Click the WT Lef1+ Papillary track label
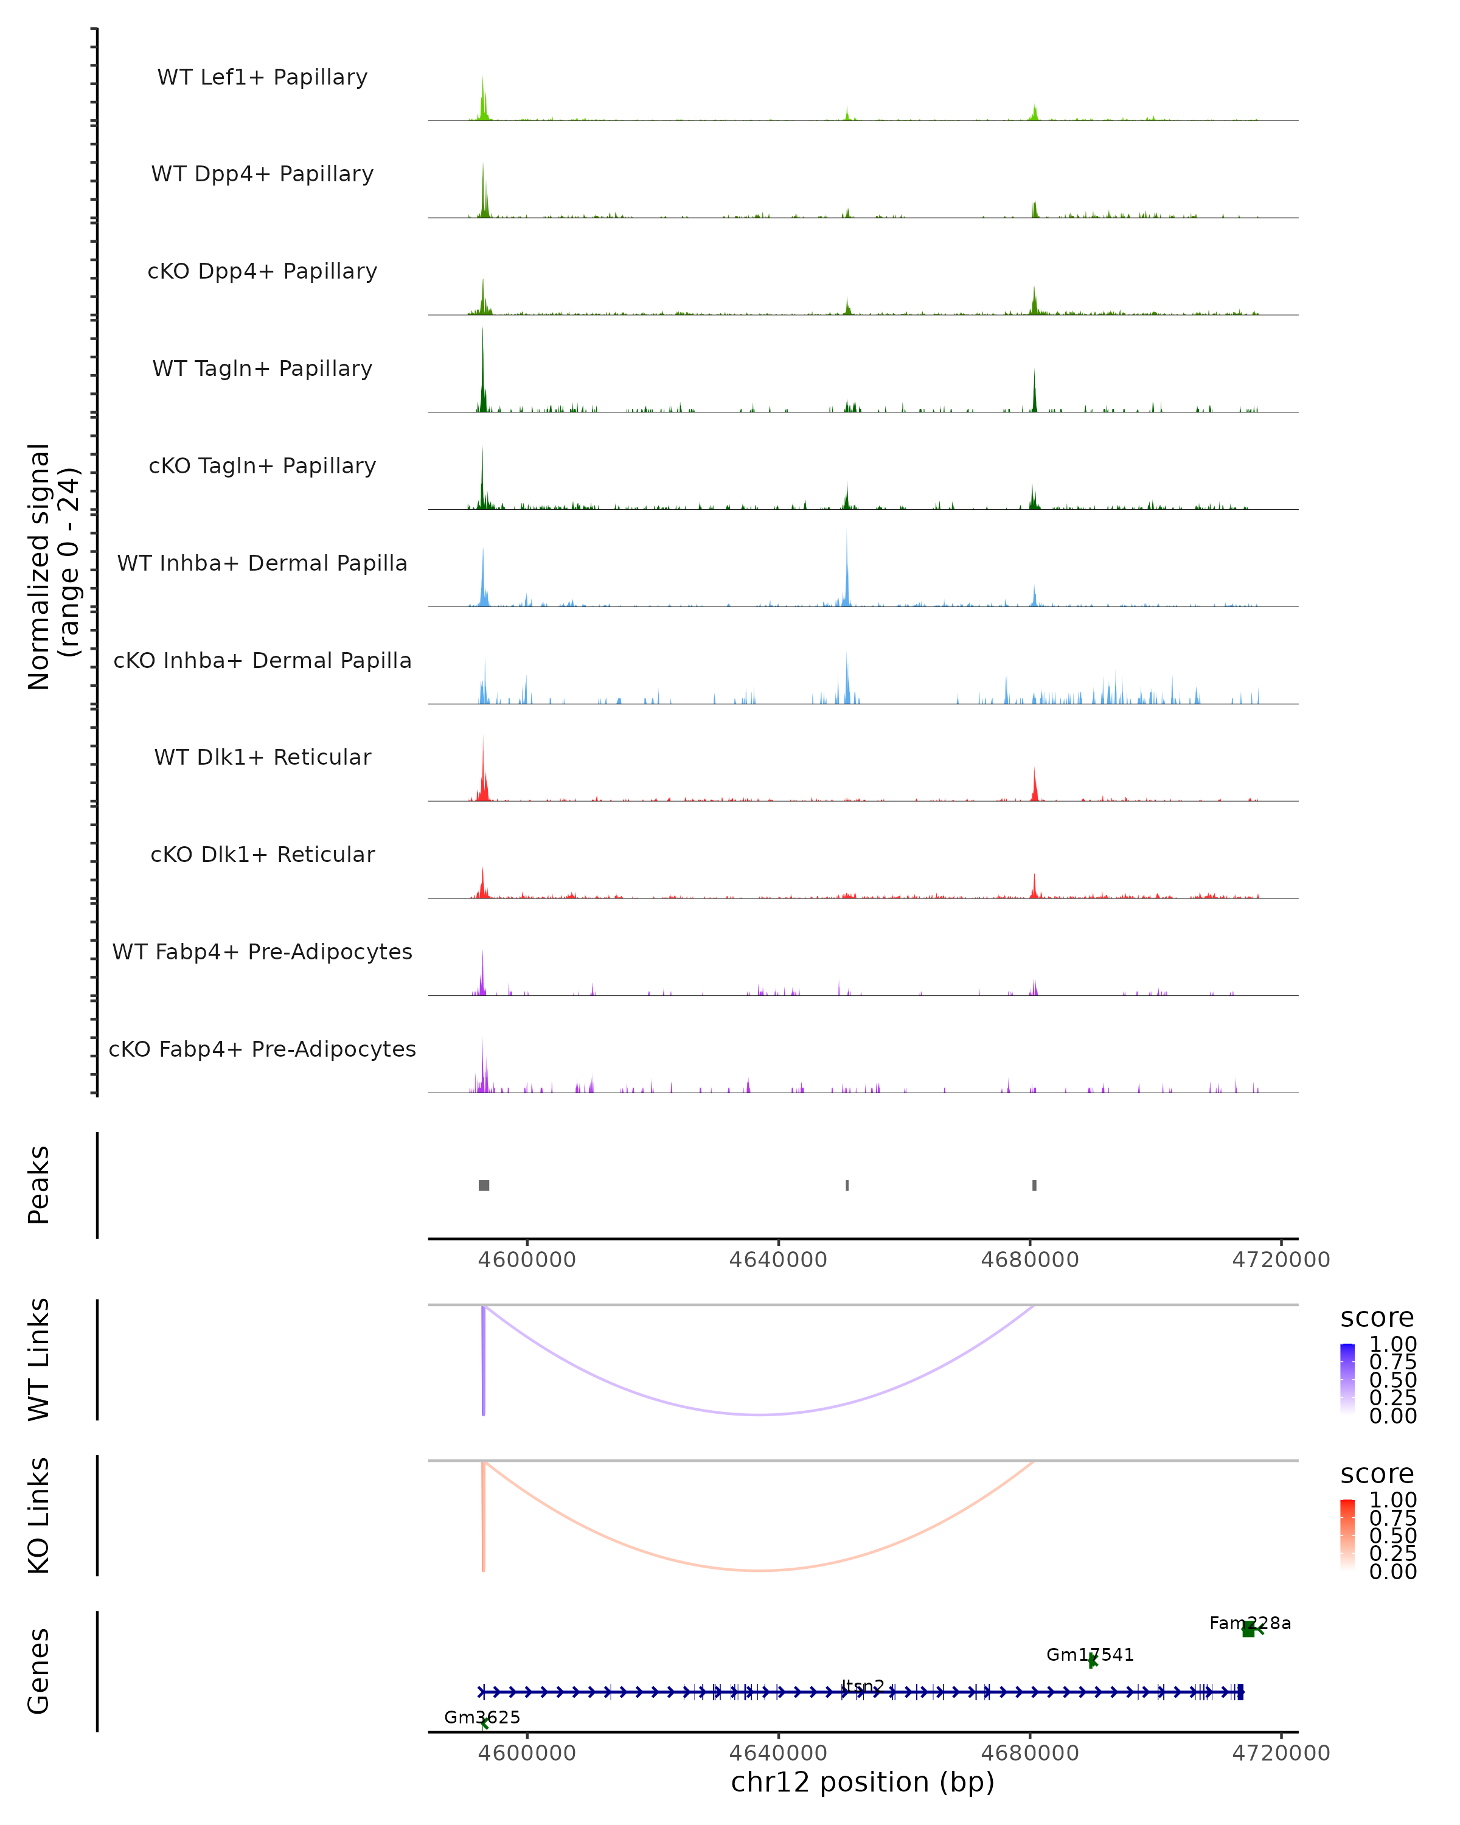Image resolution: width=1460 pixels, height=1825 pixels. coord(262,77)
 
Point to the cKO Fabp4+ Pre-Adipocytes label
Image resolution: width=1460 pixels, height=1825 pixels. coord(262,1049)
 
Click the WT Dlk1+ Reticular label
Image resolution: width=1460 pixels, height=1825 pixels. coord(262,757)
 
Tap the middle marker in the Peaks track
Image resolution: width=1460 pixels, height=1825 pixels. coord(847,1185)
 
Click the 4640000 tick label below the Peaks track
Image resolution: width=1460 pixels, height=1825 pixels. coord(778,1260)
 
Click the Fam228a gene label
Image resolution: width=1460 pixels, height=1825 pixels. coord(1250,1624)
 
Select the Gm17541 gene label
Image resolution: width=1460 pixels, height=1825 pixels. coord(1090,1655)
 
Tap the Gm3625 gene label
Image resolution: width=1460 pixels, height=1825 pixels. coord(482,1717)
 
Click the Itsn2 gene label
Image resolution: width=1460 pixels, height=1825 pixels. coord(863,1686)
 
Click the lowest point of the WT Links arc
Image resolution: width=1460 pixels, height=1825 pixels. coord(760,1414)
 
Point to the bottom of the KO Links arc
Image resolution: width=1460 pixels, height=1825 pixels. coord(760,1570)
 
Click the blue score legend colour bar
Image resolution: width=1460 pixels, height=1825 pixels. coord(1347,1378)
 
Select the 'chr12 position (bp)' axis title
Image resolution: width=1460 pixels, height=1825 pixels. coord(863,1782)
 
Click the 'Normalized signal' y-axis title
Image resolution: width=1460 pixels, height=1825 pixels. coord(39,566)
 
